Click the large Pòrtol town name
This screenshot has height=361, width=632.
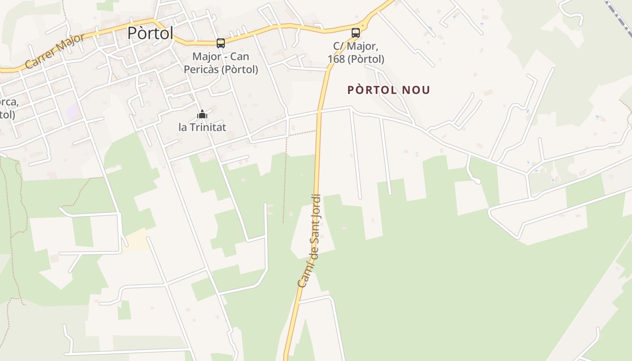pyautogui.click(x=150, y=33)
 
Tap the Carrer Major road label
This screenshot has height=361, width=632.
pyautogui.click(x=55, y=51)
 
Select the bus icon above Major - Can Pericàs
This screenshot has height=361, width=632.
pyautogui.click(x=221, y=43)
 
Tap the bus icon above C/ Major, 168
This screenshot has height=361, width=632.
pyautogui.click(x=356, y=32)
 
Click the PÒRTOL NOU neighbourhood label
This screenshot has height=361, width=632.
pyautogui.click(x=388, y=90)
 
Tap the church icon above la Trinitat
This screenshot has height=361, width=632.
pyautogui.click(x=202, y=115)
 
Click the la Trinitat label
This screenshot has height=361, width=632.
pyautogui.click(x=202, y=127)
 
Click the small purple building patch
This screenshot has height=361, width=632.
pyautogui.click(x=73, y=111)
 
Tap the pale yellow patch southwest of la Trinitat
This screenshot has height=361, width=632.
pyautogui.click(x=137, y=239)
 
